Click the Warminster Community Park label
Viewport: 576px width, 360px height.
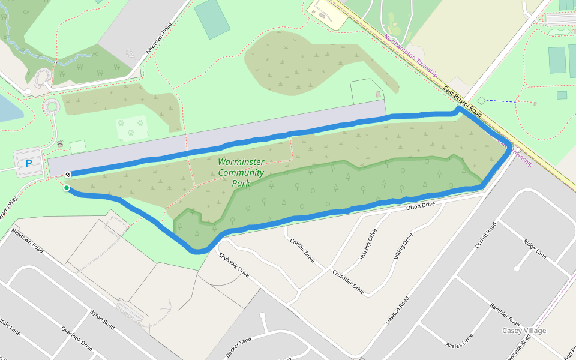(x=241, y=173)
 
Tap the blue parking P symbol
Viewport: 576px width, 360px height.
(x=28, y=163)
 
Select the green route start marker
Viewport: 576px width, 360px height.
(x=67, y=188)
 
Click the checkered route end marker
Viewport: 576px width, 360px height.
(x=68, y=175)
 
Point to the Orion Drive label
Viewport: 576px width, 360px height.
(x=420, y=206)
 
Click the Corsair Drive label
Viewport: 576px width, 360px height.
(x=302, y=251)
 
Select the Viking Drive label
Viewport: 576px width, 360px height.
(x=404, y=245)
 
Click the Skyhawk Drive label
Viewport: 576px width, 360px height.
(x=233, y=264)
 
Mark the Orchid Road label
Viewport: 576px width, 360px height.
(x=486, y=236)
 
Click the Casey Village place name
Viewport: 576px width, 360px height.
(x=524, y=331)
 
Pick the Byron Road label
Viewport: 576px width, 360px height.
(x=102, y=320)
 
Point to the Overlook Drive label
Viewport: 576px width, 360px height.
(x=77, y=338)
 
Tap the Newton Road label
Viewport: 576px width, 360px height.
(x=397, y=310)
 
